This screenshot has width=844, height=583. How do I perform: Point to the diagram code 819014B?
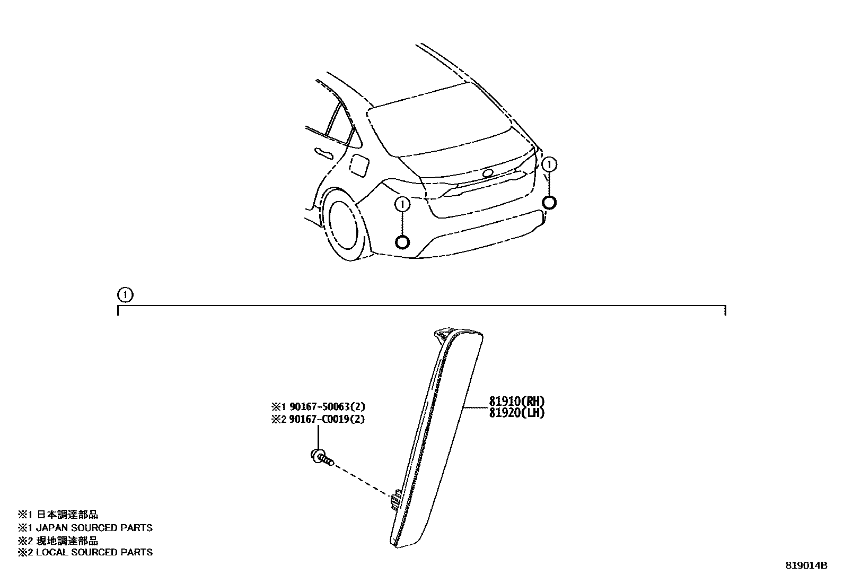(x=806, y=565)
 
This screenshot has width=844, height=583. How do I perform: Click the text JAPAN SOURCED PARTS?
(x=94, y=528)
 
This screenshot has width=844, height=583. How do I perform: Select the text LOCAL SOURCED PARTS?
(x=94, y=552)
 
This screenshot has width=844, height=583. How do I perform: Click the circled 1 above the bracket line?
(x=125, y=294)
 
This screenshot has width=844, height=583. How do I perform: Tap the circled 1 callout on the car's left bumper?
(x=402, y=204)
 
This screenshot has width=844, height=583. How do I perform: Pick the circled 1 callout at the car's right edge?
(x=550, y=164)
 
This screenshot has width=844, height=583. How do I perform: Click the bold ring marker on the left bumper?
(x=402, y=242)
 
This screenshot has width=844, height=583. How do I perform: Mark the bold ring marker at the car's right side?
(x=550, y=202)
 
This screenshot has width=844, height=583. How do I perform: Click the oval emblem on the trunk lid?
(x=488, y=173)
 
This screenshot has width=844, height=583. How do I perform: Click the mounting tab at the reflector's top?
(x=441, y=334)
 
